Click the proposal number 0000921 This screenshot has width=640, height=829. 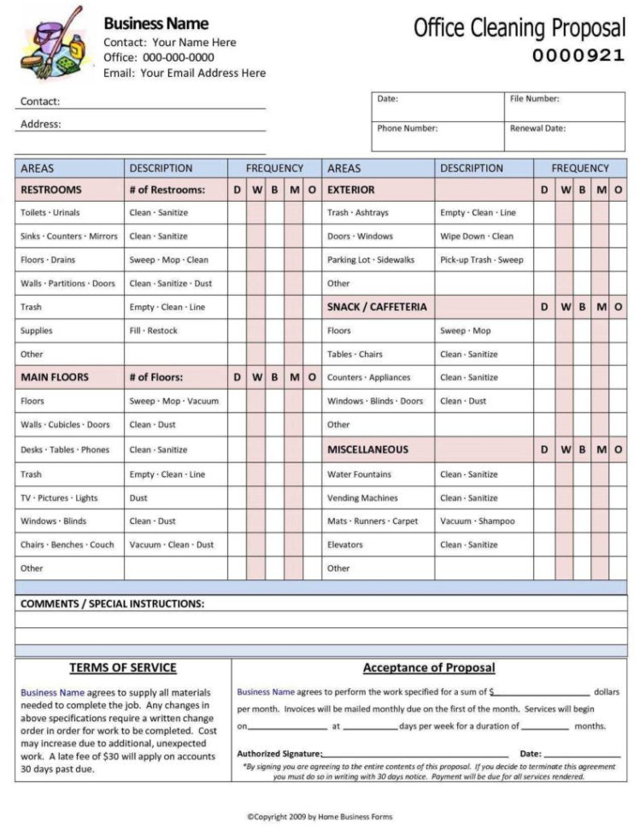pyautogui.click(x=578, y=56)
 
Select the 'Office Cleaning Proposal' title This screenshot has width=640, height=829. pyautogui.click(x=519, y=28)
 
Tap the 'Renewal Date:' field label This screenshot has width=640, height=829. pyautogui.click(x=537, y=128)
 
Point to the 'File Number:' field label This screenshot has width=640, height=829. pyautogui.click(x=534, y=99)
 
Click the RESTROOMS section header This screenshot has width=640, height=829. pyautogui.click(x=51, y=190)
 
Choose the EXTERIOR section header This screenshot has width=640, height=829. pyautogui.click(x=351, y=190)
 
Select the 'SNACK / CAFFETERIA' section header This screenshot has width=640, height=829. pyautogui.click(x=377, y=307)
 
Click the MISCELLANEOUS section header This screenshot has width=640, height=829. pyautogui.click(x=367, y=450)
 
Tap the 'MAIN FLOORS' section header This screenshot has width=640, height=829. pyautogui.click(x=55, y=377)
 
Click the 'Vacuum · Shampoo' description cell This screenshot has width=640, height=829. pyautogui.click(x=478, y=521)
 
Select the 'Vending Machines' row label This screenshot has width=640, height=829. pyautogui.click(x=362, y=498)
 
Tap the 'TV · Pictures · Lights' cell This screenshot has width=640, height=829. pyautogui.click(x=59, y=498)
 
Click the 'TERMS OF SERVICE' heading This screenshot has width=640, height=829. pyautogui.click(x=123, y=668)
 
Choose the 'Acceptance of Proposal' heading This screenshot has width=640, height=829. pyautogui.click(x=428, y=668)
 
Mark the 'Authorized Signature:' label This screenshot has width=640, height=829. pyautogui.click(x=279, y=754)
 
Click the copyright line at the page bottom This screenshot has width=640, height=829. pyautogui.click(x=320, y=817)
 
